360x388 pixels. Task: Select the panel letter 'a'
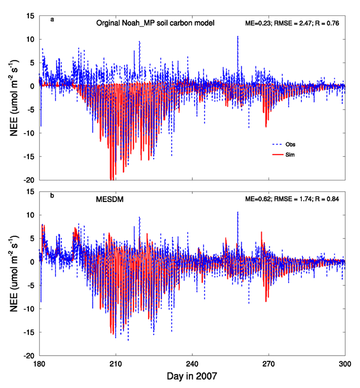pos(52,20)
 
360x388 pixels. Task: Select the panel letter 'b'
pos(52,196)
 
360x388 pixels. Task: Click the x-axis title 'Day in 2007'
pos(192,376)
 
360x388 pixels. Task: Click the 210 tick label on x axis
pos(116,362)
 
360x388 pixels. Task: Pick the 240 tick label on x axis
pos(192,362)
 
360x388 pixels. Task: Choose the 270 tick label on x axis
pos(268,362)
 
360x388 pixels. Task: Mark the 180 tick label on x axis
pos(41,362)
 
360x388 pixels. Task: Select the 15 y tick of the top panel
pos(31,16)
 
